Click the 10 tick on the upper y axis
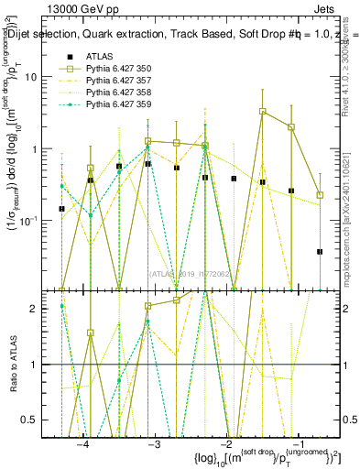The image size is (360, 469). pyautogui.click(x=43, y=77)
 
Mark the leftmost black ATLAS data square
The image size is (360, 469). pyautogui.click(x=61, y=209)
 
